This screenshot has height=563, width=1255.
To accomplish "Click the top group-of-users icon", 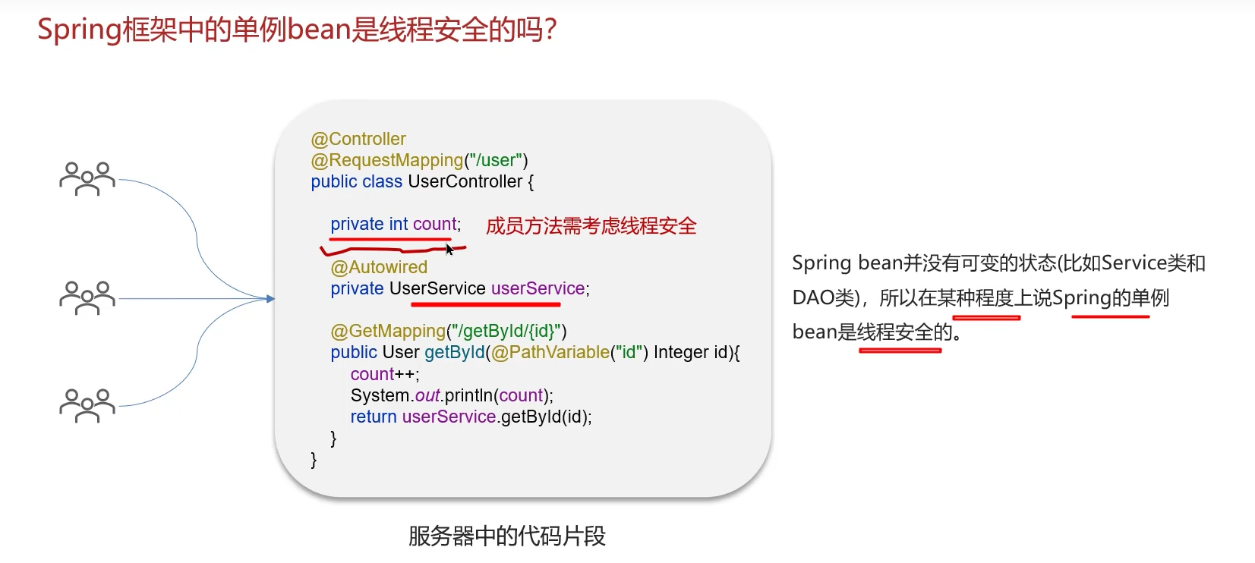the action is click(x=87, y=179).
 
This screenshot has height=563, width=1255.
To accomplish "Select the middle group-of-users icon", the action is click(x=87, y=298).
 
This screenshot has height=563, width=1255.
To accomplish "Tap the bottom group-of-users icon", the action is click(x=87, y=406).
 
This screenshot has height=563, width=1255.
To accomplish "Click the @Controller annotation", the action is click(x=358, y=139).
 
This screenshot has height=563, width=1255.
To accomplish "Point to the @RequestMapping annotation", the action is click(x=386, y=160).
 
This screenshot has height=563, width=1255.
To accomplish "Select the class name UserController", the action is click(x=465, y=181).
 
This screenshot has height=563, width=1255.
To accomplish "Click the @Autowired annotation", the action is click(x=379, y=267).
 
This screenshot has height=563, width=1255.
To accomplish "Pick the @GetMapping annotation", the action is click(x=388, y=331).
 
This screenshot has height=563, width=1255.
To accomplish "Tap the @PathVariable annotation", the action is click(x=550, y=352).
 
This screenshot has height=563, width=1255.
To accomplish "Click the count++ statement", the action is click(x=384, y=374).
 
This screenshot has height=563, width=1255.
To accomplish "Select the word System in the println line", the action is click(x=380, y=395).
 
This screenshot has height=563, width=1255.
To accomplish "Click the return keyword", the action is click(x=373, y=417).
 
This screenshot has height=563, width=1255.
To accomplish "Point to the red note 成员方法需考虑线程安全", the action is click(x=591, y=226).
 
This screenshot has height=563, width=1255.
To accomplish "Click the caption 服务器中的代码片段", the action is click(x=506, y=536).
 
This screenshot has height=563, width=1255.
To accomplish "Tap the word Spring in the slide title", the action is click(x=79, y=30).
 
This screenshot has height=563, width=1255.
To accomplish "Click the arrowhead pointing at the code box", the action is click(x=270, y=299).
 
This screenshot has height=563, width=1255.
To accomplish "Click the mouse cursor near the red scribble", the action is click(x=449, y=249).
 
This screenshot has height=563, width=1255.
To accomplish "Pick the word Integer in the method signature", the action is click(x=681, y=352).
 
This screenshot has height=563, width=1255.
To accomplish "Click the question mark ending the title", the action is click(x=550, y=30).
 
